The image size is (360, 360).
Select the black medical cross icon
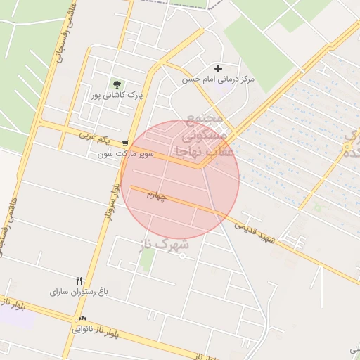[219, 68]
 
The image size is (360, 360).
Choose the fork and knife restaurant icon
[79, 281]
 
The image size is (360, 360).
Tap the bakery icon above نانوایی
[82, 319]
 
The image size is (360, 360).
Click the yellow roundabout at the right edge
[348, 146]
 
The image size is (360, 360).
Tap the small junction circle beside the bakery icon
[74, 319]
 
